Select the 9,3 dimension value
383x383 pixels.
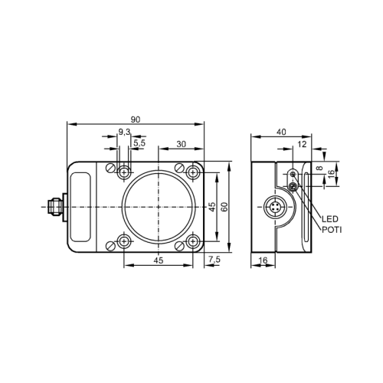[x=123, y=133]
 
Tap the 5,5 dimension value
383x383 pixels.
[x=139, y=142]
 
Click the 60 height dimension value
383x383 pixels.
[x=224, y=207]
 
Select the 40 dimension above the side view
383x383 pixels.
[x=281, y=133]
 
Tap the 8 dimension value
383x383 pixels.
[x=331, y=168]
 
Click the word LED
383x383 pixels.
[x=331, y=219]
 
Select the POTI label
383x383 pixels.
[x=332, y=229]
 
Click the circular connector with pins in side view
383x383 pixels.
[x=275, y=208]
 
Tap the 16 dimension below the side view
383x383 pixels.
[x=262, y=261]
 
